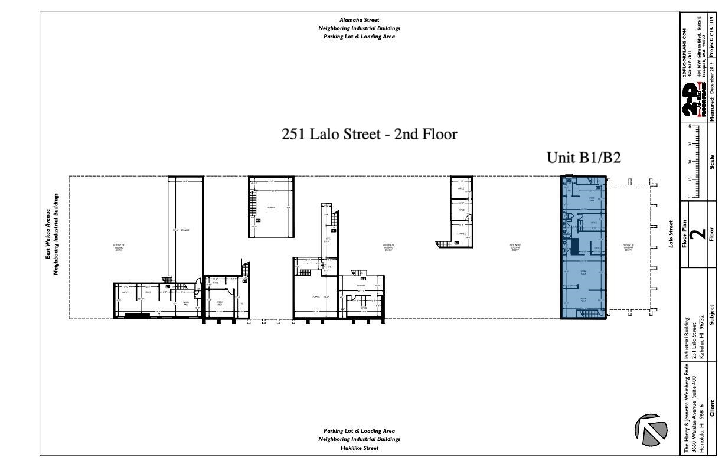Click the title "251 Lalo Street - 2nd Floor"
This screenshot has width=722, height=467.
pos(370,135)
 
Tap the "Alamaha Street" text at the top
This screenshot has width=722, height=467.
pos(359,19)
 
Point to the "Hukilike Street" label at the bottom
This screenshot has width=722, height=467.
pos(359,448)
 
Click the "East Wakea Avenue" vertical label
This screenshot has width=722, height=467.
pos(49,234)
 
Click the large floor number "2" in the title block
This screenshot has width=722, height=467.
pos(698,233)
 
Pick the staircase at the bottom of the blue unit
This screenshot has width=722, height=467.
pos(592,312)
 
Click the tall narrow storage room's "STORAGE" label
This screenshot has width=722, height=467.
pos(185,230)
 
